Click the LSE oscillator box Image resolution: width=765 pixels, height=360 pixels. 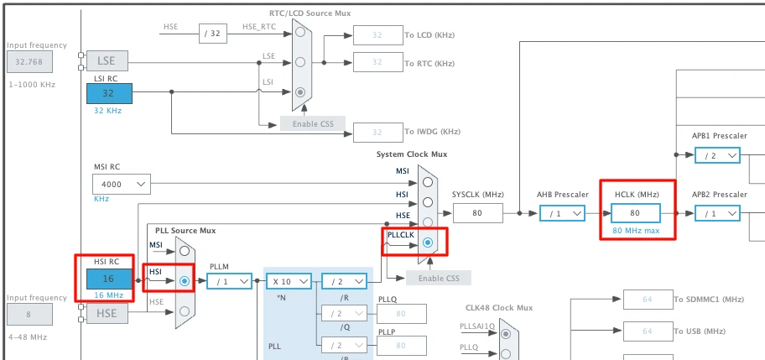point(107,60)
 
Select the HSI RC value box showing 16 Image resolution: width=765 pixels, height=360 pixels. point(108,278)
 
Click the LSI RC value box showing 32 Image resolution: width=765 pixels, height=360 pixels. point(108,92)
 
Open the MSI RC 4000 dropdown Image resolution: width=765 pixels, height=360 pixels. point(121,184)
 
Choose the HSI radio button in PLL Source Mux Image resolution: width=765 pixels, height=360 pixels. point(185,281)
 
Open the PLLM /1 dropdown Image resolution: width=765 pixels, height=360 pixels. point(229,282)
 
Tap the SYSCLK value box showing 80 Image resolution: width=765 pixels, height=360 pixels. point(477,213)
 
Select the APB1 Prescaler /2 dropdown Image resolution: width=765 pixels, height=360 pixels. point(716,154)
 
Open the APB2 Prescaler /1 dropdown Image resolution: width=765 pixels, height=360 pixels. point(716,213)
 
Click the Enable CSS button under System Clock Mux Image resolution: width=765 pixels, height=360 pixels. point(438,278)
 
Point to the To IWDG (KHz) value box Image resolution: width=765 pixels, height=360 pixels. point(377,132)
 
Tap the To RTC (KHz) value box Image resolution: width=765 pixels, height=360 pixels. point(377,62)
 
